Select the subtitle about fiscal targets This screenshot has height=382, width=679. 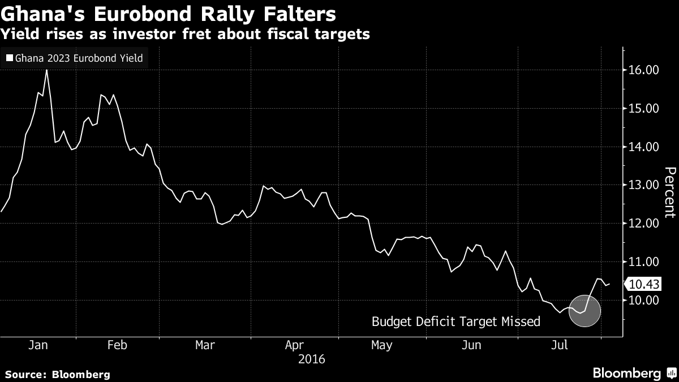pyautogui.click(x=186, y=35)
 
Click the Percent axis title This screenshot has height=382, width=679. pyautogui.click(x=669, y=192)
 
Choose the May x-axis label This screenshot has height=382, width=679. pyautogui.click(x=381, y=345)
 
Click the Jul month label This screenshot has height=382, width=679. pyautogui.click(x=560, y=345)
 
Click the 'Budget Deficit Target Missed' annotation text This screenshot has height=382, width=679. pyautogui.click(x=455, y=322)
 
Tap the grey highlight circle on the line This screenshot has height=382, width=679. pyautogui.click(x=584, y=311)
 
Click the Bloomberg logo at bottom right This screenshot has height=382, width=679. pyautogui.click(x=626, y=373)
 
